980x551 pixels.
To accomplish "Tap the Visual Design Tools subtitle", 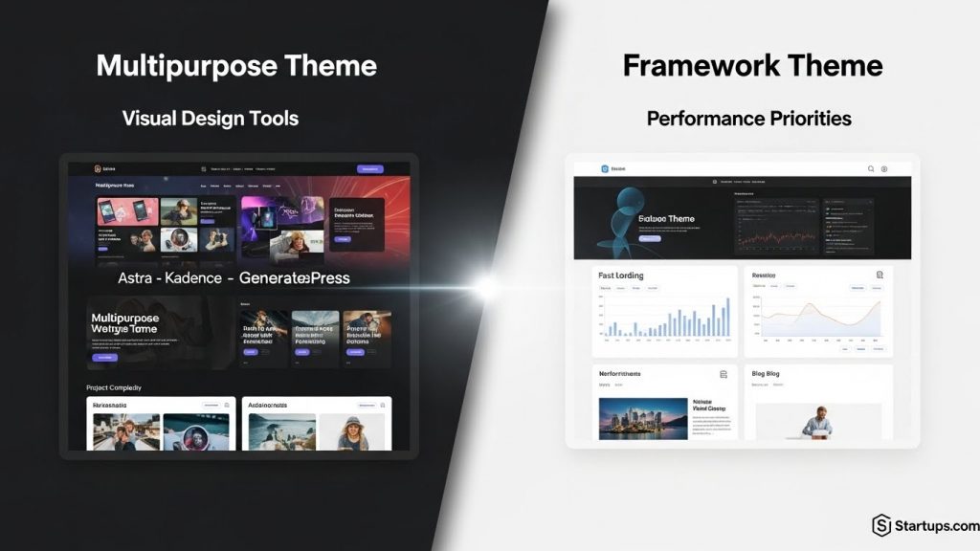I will pyautogui.click(x=211, y=119).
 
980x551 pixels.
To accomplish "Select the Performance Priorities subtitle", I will pyautogui.click(x=748, y=120).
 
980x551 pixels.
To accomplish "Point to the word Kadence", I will pyautogui.click(x=194, y=278).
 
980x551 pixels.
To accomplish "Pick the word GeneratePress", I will pyautogui.click(x=295, y=278).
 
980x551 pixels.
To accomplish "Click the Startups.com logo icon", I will pyautogui.click(x=881, y=525).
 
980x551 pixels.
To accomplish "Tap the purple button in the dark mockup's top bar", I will pyautogui.click(x=369, y=169).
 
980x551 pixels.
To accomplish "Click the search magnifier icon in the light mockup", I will pyautogui.click(x=871, y=169).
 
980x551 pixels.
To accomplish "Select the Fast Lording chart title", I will pyautogui.click(x=621, y=275).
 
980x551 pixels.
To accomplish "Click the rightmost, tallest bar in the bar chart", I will pyautogui.click(x=727, y=317).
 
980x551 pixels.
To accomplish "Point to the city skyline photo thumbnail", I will pyautogui.click(x=643, y=418).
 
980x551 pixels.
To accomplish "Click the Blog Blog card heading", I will pyautogui.click(x=766, y=373).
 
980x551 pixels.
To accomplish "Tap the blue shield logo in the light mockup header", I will pyautogui.click(x=605, y=169).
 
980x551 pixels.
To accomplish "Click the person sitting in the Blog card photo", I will pyautogui.click(x=817, y=422).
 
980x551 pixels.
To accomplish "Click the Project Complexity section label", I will pyautogui.click(x=114, y=387).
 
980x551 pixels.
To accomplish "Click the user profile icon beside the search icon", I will pyautogui.click(x=884, y=169).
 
